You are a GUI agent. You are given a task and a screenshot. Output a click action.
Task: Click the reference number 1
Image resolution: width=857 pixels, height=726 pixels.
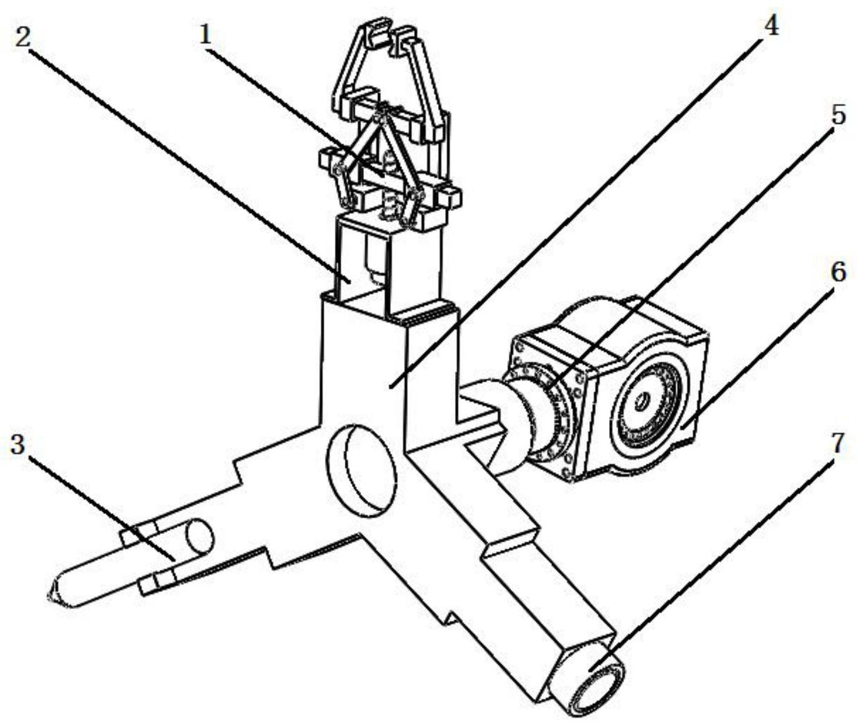(x=206, y=37)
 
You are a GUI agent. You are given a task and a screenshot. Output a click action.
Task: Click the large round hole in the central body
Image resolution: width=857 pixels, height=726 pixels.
(x=362, y=470)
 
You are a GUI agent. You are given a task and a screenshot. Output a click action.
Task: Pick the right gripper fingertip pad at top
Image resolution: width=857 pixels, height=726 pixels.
(x=404, y=40)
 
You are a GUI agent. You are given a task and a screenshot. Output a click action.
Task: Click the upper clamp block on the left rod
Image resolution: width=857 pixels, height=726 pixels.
(x=138, y=535)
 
